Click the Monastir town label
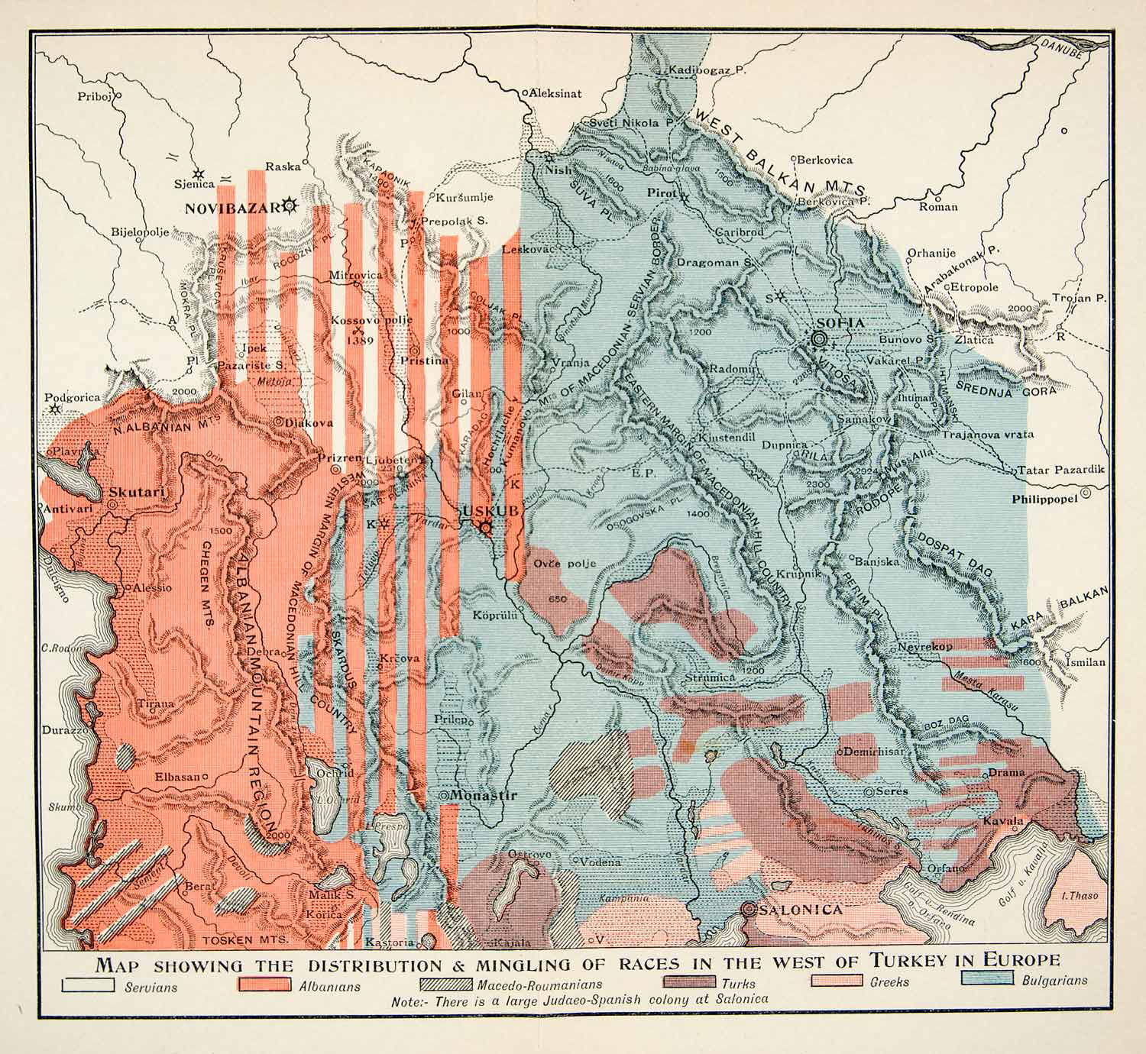tap(483, 795)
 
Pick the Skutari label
tap(138, 493)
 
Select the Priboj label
tap(95, 96)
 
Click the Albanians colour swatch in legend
tap(265, 984)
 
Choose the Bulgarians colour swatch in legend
tap(987, 979)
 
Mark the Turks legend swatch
tap(690, 983)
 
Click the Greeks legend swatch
tap(838, 981)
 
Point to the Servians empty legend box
tap(88, 985)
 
